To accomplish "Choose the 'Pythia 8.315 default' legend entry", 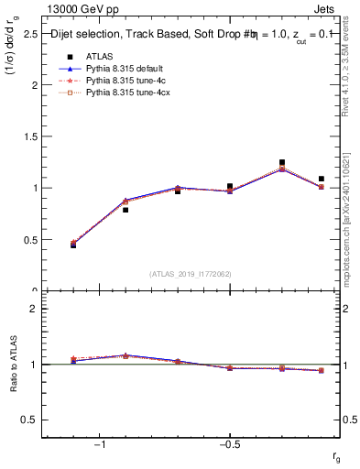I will coord(122,69).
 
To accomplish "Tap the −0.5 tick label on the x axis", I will coord(229,445).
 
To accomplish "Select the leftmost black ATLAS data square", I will coord(73,245).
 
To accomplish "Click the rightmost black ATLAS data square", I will coord(321,179).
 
